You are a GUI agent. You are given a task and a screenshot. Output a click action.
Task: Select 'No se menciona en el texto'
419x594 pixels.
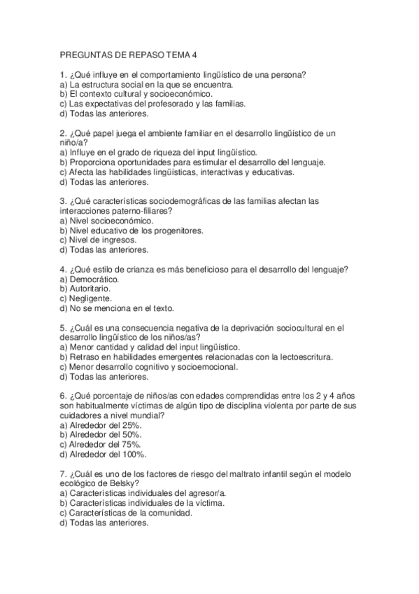pyautogui.click(x=116, y=308)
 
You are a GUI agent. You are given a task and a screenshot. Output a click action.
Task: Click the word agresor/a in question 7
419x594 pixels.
pyautogui.click(x=207, y=492)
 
